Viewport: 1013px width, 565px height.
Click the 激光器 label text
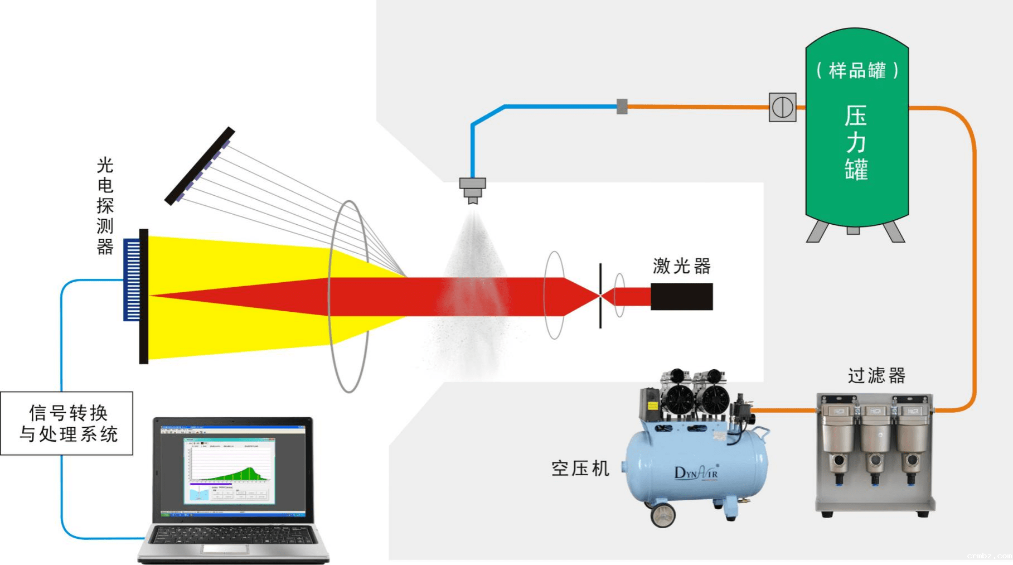[681, 266]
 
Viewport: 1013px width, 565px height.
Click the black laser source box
[681, 296]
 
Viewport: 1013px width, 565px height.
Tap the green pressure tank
[856, 167]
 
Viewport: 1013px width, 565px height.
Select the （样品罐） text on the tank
[857, 71]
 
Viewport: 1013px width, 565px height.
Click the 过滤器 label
[876, 375]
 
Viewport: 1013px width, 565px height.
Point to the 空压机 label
[580, 468]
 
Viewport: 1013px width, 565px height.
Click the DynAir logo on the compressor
[696, 472]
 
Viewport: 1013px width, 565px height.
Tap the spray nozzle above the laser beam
[473, 189]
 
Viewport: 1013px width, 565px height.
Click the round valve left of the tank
[782, 107]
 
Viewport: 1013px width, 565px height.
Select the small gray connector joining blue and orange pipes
[622, 106]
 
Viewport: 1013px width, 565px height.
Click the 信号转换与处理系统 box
[67, 423]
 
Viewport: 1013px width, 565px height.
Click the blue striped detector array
[132, 279]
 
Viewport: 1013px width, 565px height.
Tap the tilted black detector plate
[200, 166]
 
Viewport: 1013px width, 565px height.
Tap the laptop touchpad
[225, 549]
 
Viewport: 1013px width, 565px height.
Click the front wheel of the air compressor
[663, 514]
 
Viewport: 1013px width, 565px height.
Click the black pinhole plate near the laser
[600, 296]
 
